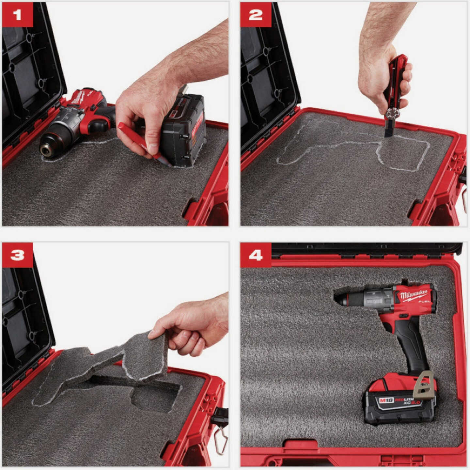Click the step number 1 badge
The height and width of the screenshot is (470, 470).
point(18,15)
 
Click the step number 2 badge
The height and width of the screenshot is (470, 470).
point(256,15)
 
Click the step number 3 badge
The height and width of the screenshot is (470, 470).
point(18,255)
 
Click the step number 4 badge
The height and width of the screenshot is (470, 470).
point(256,255)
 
